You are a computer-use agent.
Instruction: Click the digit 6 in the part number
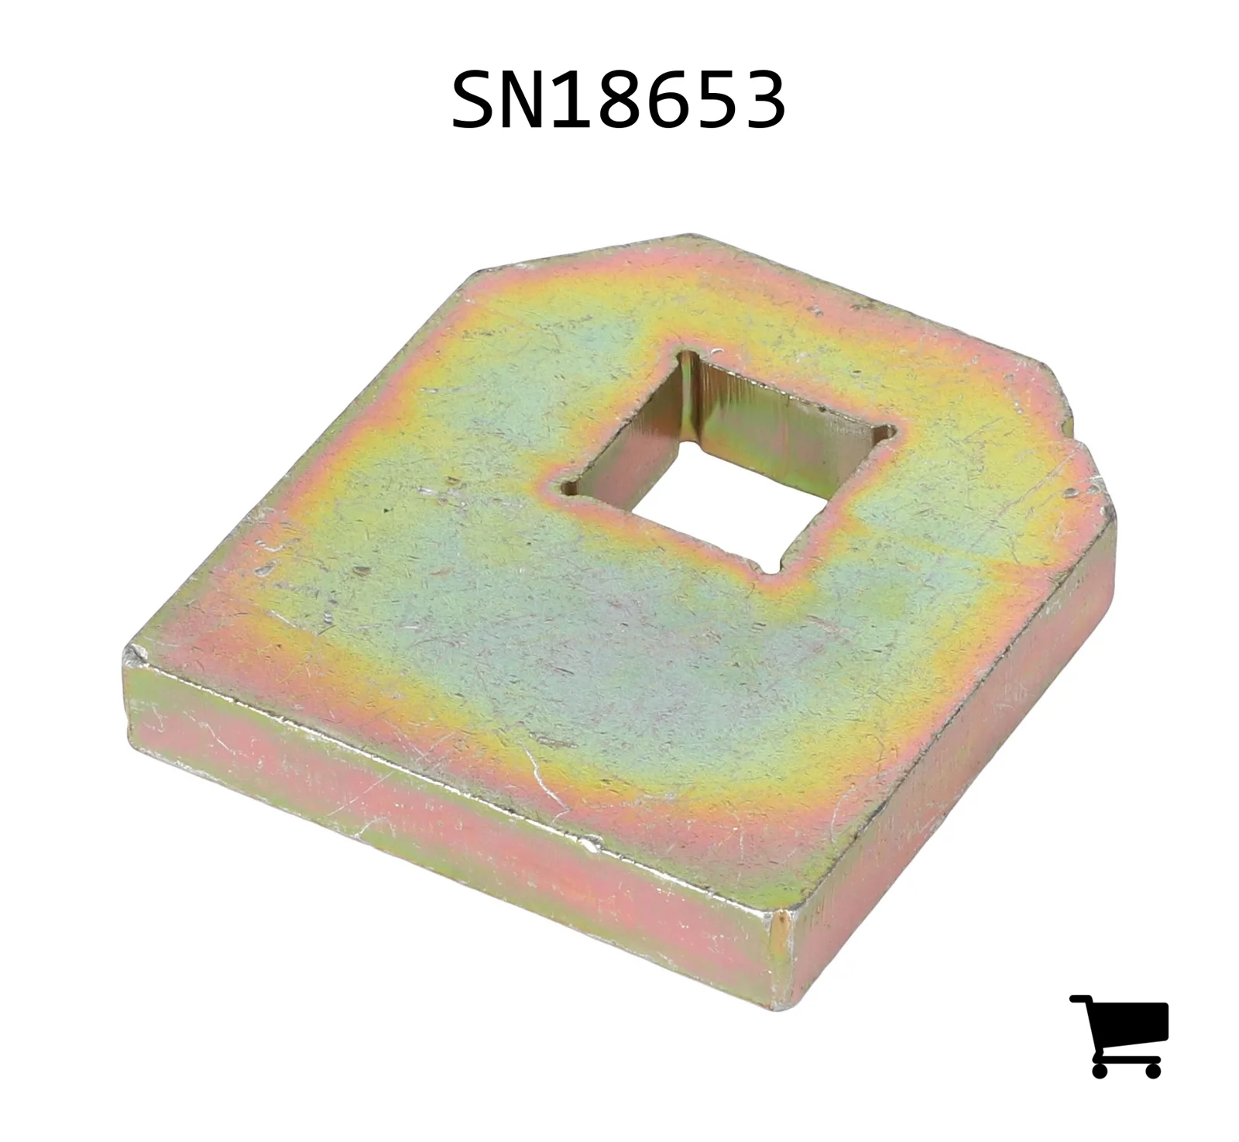click(x=668, y=101)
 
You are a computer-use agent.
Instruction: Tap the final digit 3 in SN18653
click(x=764, y=101)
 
